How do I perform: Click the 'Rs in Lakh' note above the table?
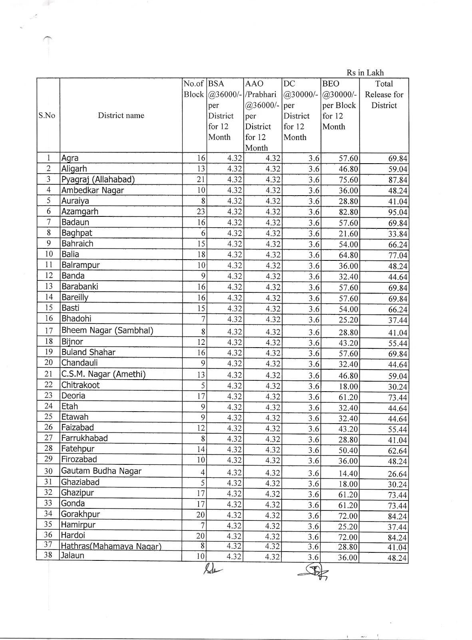365,73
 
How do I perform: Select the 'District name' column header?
121,116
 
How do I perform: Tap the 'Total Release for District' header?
384,95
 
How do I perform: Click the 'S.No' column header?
47,116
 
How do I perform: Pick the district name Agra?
70,158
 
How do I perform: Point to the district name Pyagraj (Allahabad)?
98,180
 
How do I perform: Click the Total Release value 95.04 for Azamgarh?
397,212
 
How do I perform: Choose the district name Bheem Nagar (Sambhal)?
107,330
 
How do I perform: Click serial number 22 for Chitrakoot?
48,385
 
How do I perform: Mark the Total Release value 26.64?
397,474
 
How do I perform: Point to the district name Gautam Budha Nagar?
101,471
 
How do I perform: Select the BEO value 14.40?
348,474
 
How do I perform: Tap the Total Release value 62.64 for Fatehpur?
397,451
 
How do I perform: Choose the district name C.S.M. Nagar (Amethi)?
103,374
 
